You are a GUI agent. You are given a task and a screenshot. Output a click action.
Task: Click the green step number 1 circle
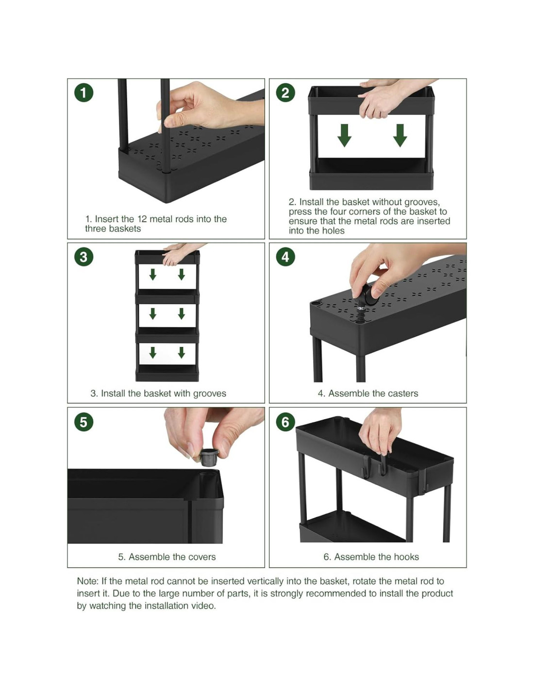point(83,93)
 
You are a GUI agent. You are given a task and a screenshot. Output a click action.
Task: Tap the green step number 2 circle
point(285,93)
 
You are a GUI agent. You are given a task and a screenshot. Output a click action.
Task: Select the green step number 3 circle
point(83,257)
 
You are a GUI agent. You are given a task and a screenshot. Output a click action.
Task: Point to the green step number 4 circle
point(285,257)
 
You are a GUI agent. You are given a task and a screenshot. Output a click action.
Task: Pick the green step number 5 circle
point(83,422)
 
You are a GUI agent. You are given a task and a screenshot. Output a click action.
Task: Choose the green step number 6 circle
point(285,422)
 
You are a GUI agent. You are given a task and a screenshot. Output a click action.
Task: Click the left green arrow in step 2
point(344,135)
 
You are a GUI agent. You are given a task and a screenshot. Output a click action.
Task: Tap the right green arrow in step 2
point(400,135)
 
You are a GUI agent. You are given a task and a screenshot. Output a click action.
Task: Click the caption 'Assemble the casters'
point(373,394)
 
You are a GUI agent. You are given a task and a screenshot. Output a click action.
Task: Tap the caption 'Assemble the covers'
point(172,557)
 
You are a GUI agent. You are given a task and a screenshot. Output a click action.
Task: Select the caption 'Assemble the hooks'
point(376,557)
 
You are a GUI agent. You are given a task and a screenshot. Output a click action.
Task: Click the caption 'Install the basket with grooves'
point(163,394)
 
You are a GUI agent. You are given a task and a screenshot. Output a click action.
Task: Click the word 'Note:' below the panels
point(88,581)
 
